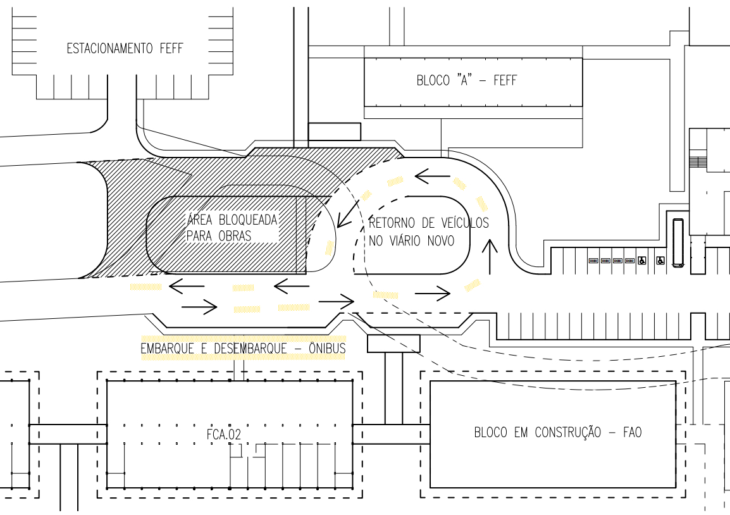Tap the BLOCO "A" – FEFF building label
click(x=466, y=80)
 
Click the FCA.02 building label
click(x=223, y=435)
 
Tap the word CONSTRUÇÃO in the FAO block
click(x=567, y=432)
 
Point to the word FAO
click(x=632, y=432)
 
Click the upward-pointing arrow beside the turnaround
click(x=490, y=256)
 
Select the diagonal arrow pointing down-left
click(x=349, y=214)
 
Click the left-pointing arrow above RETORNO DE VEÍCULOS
click(x=433, y=177)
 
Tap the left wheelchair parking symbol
click(x=641, y=261)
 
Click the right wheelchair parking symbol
click(x=660, y=261)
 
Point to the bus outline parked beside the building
click(x=678, y=242)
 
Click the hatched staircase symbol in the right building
click(x=697, y=162)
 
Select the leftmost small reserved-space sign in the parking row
click(x=593, y=261)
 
